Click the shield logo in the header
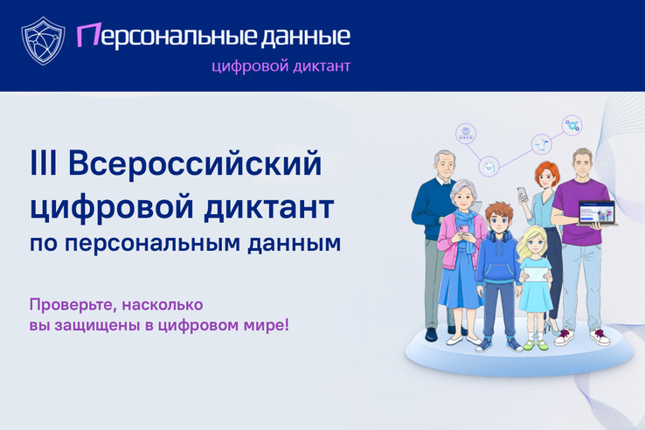(x=41, y=41)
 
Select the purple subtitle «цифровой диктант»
(x=282, y=66)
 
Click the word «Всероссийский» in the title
(x=194, y=164)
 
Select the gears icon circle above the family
(x=572, y=126)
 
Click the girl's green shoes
(x=536, y=343)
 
